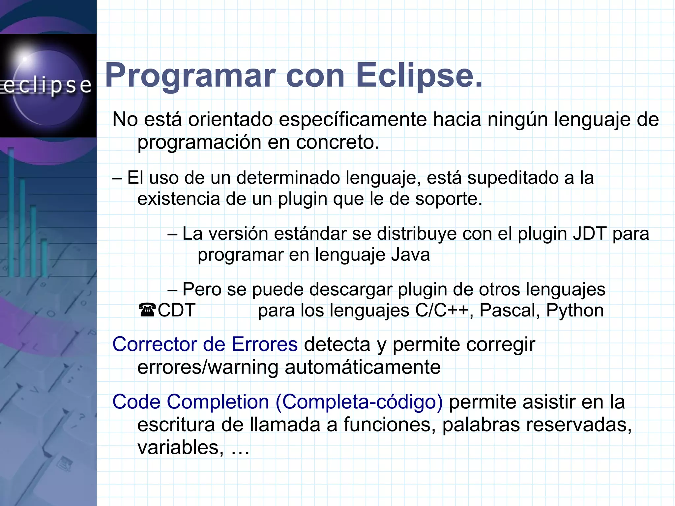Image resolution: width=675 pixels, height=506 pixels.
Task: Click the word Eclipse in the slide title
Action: tap(419, 76)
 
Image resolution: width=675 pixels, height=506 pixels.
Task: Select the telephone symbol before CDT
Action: tap(147, 311)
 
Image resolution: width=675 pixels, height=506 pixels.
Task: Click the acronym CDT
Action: tap(177, 311)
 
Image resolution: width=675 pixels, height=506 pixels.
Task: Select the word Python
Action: tap(575, 311)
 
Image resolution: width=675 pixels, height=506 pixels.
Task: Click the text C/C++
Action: tap(442, 311)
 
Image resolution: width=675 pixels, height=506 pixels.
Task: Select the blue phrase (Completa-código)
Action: tap(359, 402)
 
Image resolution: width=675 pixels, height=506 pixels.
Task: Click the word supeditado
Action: tap(513, 178)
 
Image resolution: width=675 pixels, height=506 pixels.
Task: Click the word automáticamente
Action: tap(363, 367)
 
